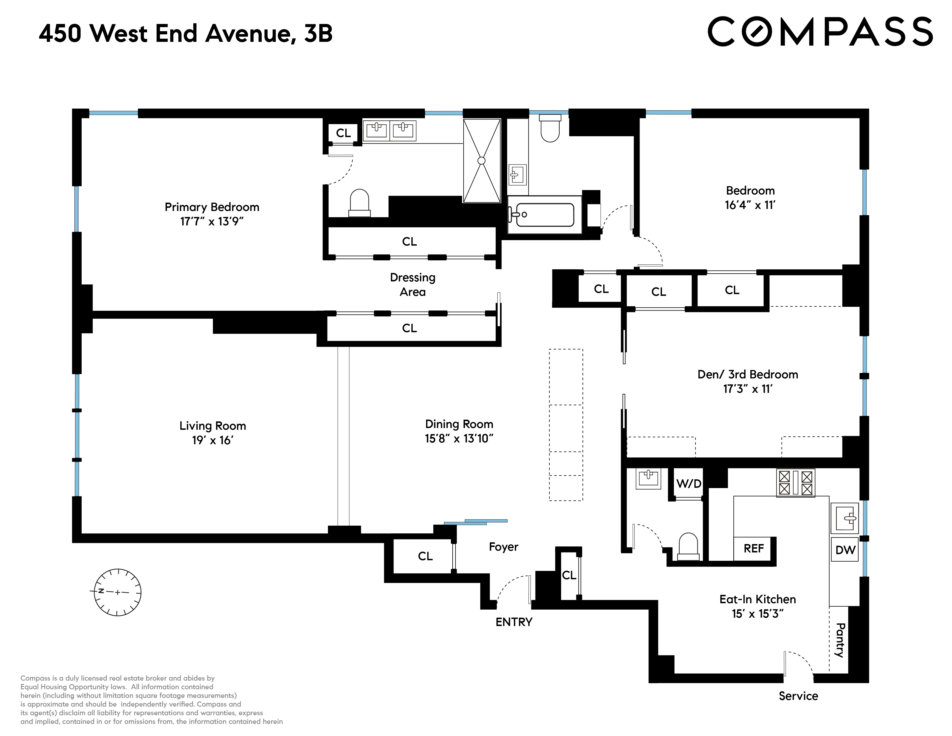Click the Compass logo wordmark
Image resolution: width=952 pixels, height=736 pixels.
point(820,31)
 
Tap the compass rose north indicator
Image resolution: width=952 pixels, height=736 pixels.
point(101,591)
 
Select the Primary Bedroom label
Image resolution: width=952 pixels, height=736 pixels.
point(212,207)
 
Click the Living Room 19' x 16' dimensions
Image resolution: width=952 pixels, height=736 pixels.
point(212,440)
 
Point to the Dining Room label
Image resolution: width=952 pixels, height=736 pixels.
point(459,424)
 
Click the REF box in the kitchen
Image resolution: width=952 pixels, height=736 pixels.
point(754,548)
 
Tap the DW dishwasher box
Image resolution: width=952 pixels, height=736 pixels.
point(845,550)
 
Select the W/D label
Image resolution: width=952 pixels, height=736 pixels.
point(689,483)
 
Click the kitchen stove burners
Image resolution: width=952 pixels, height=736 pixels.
point(796,483)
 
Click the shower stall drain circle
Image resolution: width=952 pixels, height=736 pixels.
point(481,160)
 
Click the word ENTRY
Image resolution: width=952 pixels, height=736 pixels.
point(514,622)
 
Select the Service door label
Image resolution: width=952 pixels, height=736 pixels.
point(798,696)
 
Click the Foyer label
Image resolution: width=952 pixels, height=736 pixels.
point(503,547)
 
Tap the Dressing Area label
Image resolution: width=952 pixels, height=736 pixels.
point(412,285)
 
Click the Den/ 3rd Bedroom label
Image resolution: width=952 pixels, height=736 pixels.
point(747,375)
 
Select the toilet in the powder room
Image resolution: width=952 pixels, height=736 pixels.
point(688,547)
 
